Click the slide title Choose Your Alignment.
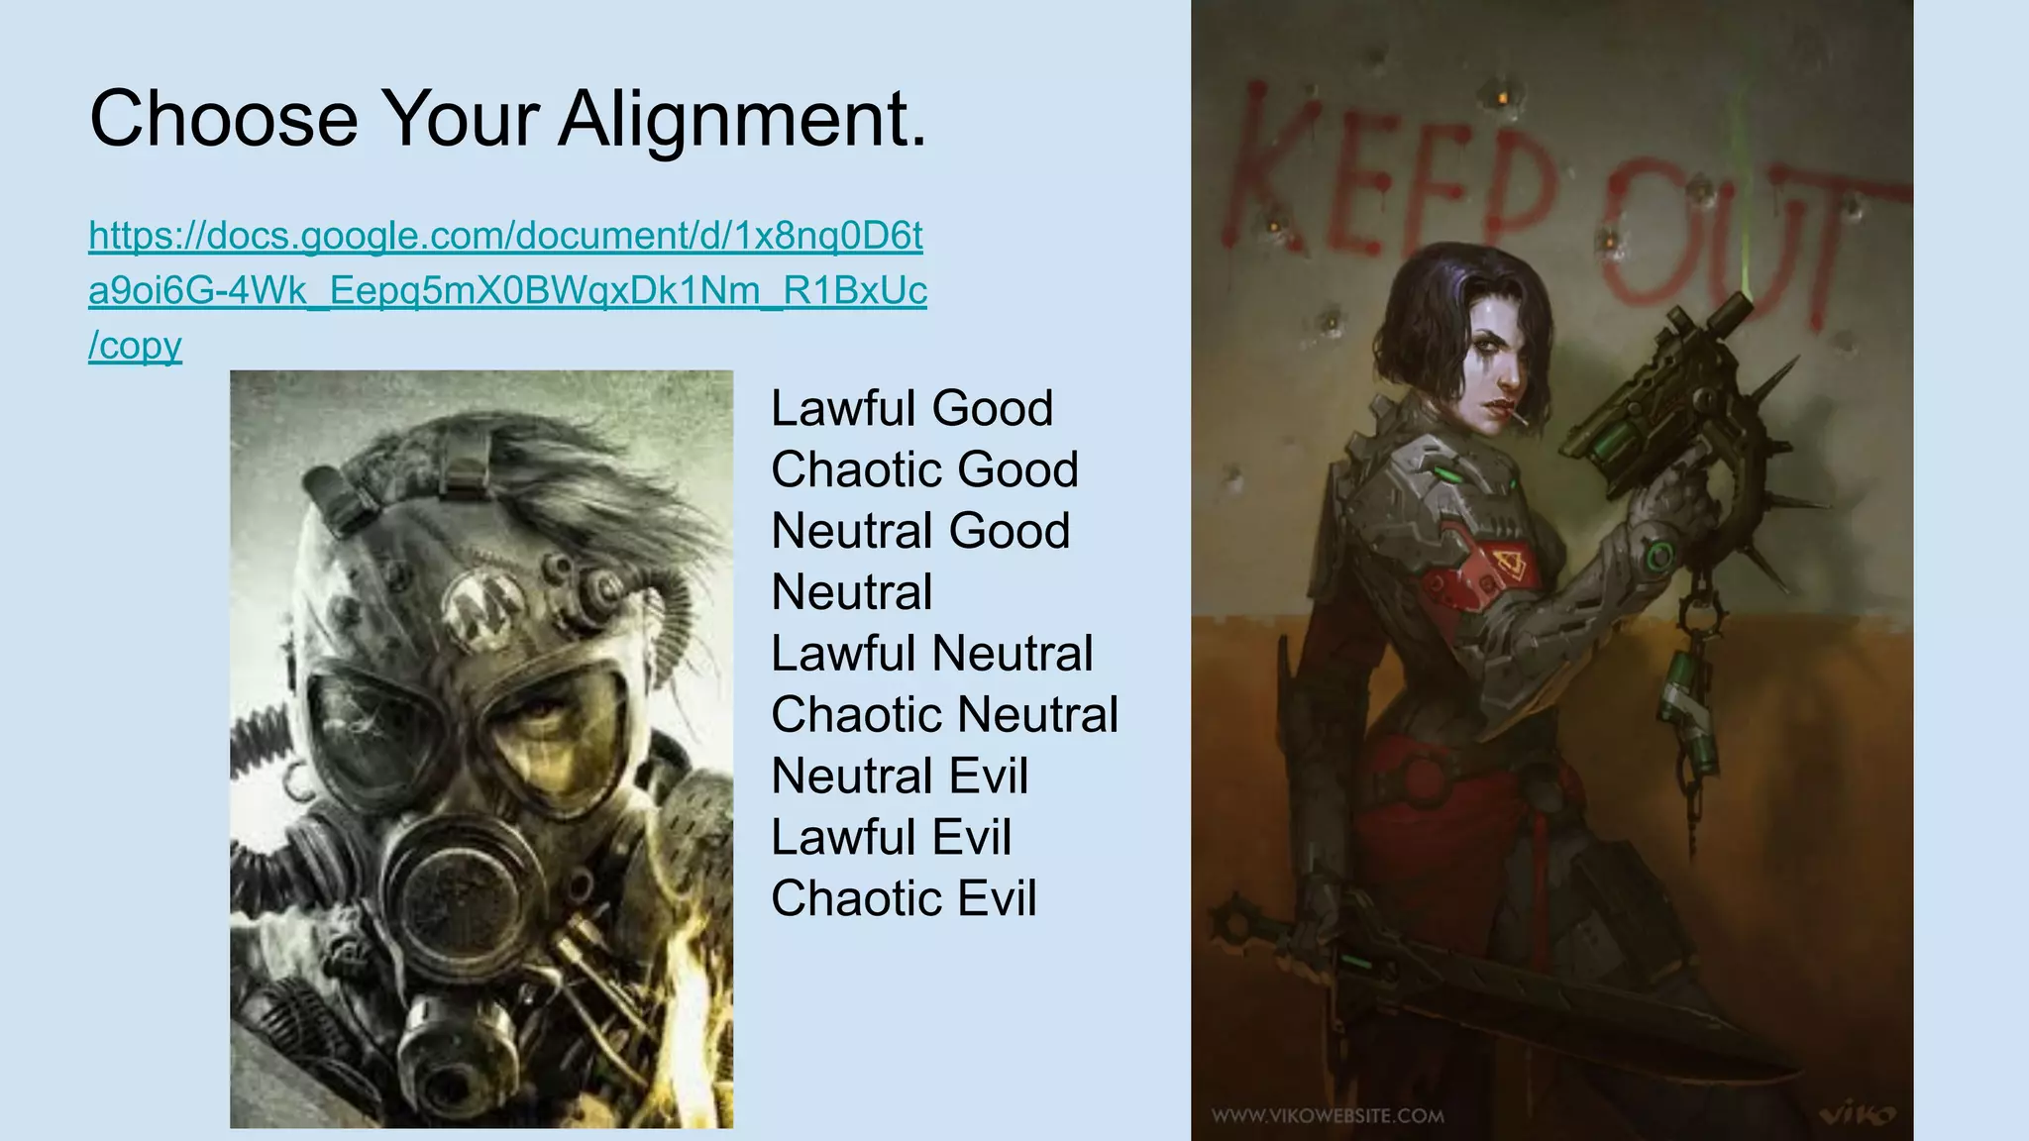point(507,119)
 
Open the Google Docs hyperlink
point(506,290)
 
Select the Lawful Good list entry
point(911,408)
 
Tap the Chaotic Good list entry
point(924,469)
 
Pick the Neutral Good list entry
point(920,531)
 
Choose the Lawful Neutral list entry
point(931,654)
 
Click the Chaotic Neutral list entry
point(944,715)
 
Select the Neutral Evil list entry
point(900,776)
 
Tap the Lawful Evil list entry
point(891,837)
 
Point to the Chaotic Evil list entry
point(904,898)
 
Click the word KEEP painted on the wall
point(1387,173)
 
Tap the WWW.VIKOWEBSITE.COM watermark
point(1328,1116)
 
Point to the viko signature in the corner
point(1858,1115)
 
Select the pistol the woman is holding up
point(1664,396)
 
